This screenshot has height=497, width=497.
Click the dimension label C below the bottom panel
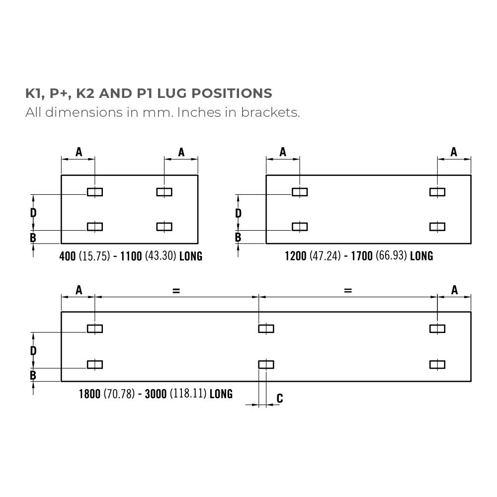280,398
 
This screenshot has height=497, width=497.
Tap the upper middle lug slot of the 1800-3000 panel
266,328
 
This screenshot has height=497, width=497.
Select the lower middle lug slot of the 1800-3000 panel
266,365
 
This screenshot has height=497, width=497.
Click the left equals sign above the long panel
176,291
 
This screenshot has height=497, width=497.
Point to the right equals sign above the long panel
348,291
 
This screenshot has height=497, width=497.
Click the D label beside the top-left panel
33,213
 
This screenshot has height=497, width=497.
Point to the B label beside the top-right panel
238,238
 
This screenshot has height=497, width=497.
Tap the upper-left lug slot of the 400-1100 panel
95,192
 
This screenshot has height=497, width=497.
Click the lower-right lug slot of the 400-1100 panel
164,227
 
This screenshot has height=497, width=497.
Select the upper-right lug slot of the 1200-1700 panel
437,192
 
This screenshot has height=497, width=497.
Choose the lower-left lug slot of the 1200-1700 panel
300,227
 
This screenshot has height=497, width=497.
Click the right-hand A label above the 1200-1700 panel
454,152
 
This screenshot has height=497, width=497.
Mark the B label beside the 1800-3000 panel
33,375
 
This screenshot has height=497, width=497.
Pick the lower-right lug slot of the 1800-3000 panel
437,365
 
